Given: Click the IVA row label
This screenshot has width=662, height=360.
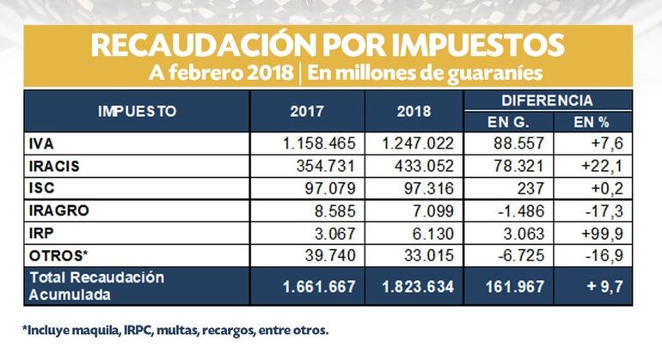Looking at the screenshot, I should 42,141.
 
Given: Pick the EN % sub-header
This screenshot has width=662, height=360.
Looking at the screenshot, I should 592,121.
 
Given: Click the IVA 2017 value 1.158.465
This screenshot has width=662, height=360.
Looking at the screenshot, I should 319,141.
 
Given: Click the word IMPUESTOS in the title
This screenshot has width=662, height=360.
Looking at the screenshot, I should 468,46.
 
